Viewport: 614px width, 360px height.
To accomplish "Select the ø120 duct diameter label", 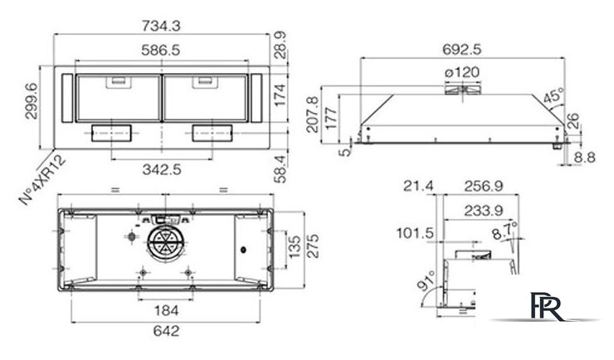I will point(462,73).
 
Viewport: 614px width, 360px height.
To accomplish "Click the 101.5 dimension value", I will point(417,233).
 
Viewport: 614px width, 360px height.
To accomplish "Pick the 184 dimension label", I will point(166,310).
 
